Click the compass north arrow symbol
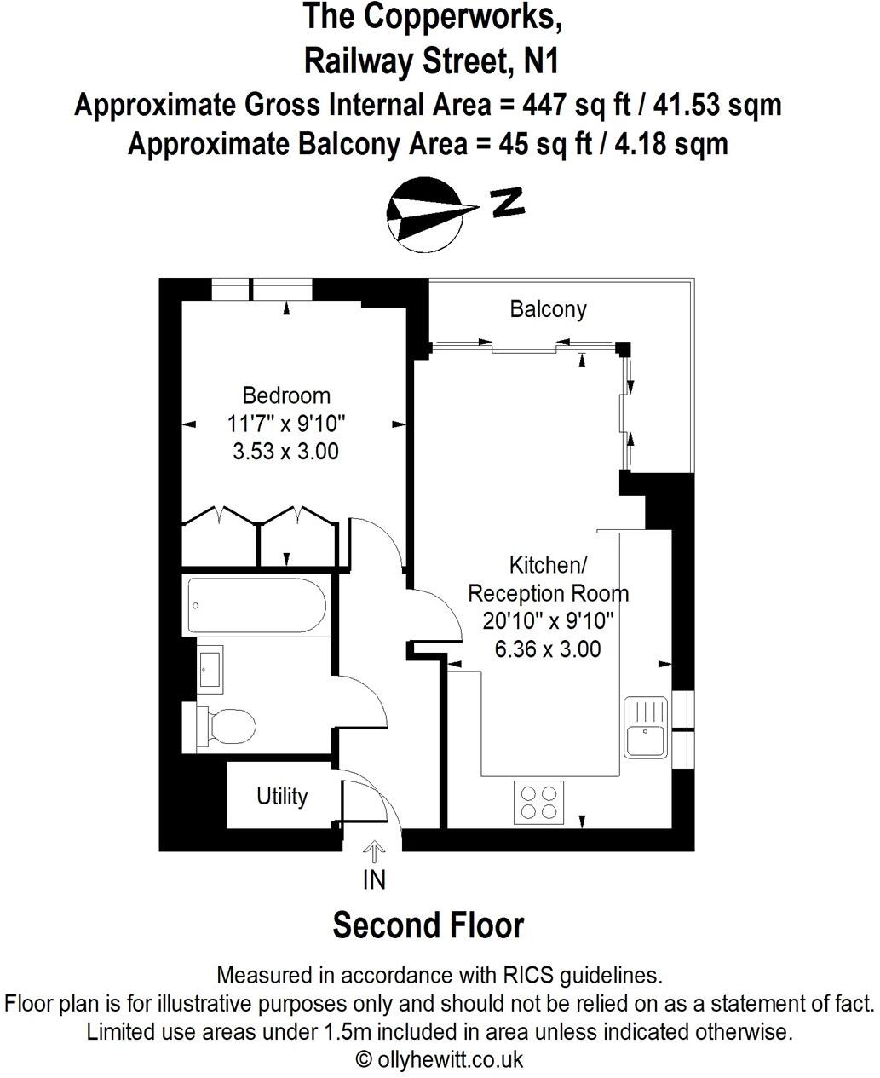pyautogui.click(x=427, y=215)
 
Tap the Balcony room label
pyautogui.click(x=548, y=308)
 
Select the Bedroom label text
pyautogui.click(x=286, y=395)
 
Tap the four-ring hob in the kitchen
pyautogui.click(x=539, y=802)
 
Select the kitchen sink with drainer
pyautogui.click(x=645, y=727)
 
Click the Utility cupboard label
pyautogui.click(x=282, y=796)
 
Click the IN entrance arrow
pyautogui.click(x=374, y=853)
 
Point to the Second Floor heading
pyautogui.click(x=428, y=925)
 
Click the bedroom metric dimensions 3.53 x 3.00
pyautogui.click(x=286, y=451)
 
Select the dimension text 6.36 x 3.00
pyautogui.click(x=547, y=649)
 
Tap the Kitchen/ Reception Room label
pyautogui.click(x=548, y=579)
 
